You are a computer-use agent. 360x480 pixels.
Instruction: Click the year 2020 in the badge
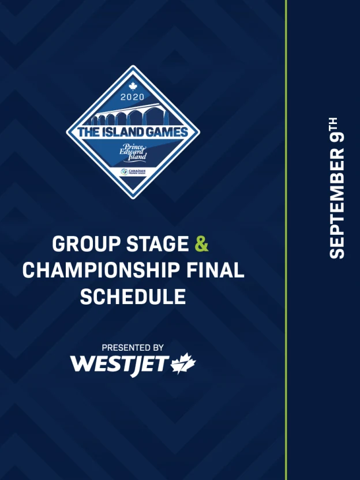(x=132, y=97)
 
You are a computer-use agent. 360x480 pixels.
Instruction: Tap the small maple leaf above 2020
(x=133, y=87)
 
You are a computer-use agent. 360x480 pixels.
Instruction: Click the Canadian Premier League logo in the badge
(x=133, y=172)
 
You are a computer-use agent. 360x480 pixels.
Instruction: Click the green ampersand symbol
(x=202, y=244)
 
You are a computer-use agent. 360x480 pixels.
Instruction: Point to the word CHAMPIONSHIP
(x=101, y=271)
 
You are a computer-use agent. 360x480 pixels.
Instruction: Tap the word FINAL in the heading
(x=215, y=271)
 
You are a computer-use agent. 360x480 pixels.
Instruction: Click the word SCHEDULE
(x=133, y=297)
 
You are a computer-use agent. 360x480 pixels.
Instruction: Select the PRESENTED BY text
(x=133, y=348)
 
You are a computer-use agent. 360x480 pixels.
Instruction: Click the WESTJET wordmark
(x=119, y=365)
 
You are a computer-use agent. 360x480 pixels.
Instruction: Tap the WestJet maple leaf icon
(x=183, y=363)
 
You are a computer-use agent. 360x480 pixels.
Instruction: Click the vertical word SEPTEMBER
(x=337, y=203)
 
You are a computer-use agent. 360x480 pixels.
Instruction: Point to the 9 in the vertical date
(x=337, y=137)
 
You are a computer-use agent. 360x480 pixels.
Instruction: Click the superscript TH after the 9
(x=333, y=124)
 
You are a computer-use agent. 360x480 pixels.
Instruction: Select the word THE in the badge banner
(x=88, y=132)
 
